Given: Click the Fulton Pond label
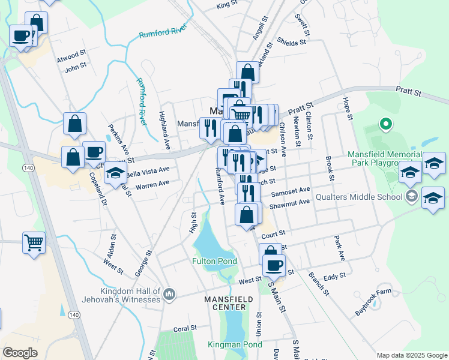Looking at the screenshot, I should [214, 261].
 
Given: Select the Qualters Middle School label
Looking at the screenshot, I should [364, 196].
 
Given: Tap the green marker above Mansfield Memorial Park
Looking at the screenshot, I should [386, 125].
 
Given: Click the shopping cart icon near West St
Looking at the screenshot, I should [34, 242].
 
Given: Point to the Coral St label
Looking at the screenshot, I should [185, 328].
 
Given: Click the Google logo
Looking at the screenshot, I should [20, 353].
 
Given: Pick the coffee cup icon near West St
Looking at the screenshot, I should [274, 264].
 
